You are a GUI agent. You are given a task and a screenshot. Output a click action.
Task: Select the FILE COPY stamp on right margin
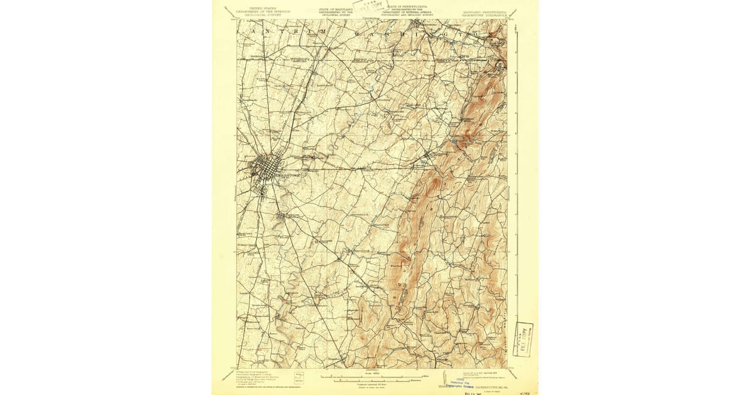tap(523, 339)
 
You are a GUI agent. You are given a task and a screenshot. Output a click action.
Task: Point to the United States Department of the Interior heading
tap(257, 11)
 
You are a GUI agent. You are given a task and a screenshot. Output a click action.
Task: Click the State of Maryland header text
tap(336, 11)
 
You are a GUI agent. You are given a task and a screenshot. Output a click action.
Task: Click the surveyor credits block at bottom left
tap(255, 377)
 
